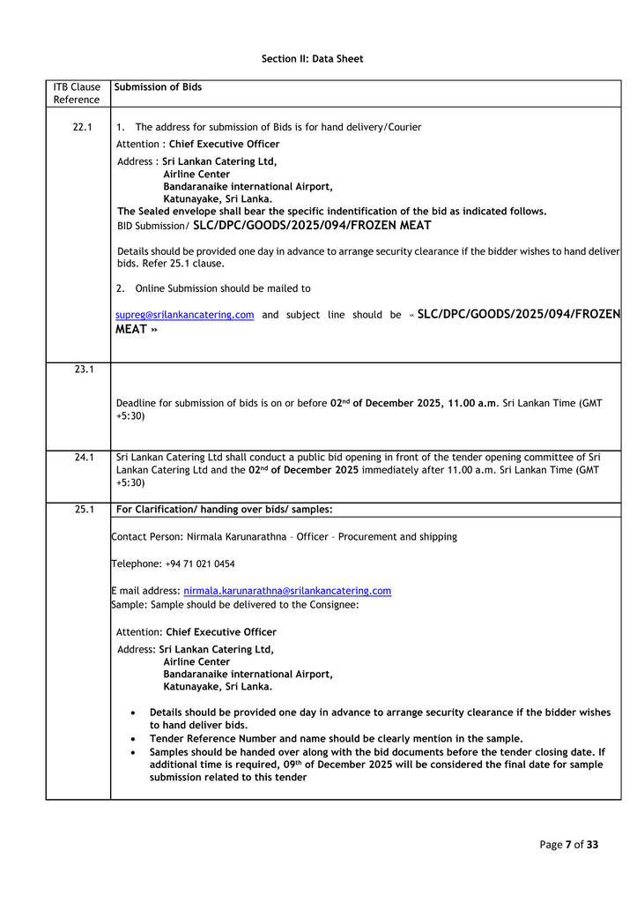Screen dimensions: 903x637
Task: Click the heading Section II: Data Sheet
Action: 312,59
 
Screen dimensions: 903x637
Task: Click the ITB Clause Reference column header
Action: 77,93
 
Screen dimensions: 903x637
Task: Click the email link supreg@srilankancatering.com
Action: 185,315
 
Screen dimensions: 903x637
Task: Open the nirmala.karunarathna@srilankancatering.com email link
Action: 287,591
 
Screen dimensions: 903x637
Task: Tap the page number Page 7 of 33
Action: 568,845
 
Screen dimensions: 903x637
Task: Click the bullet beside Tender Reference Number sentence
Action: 132,739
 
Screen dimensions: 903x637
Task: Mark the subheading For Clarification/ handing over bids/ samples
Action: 224,509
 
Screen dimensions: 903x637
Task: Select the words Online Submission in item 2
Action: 174,288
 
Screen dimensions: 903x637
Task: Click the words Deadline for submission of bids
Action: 190,403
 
